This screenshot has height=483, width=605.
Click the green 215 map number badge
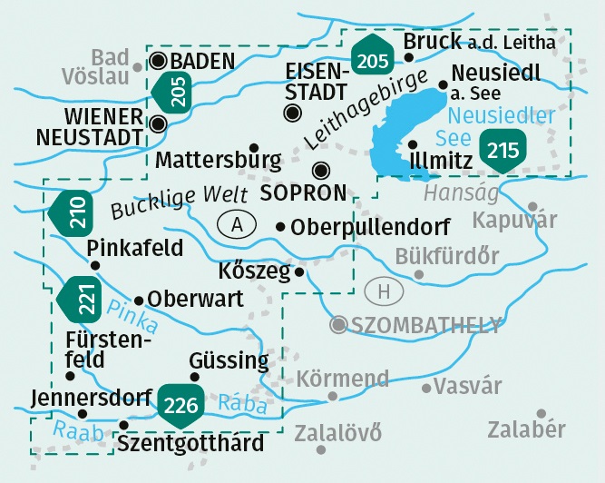(x=501, y=150)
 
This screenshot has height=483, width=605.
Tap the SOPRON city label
(x=303, y=192)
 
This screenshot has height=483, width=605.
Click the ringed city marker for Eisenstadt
(x=292, y=113)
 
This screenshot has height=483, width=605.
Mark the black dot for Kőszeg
(x=298, y=271)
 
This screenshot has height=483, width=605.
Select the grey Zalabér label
(x=526, y=429)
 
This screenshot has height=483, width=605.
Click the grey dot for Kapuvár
(x=532, y=207)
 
